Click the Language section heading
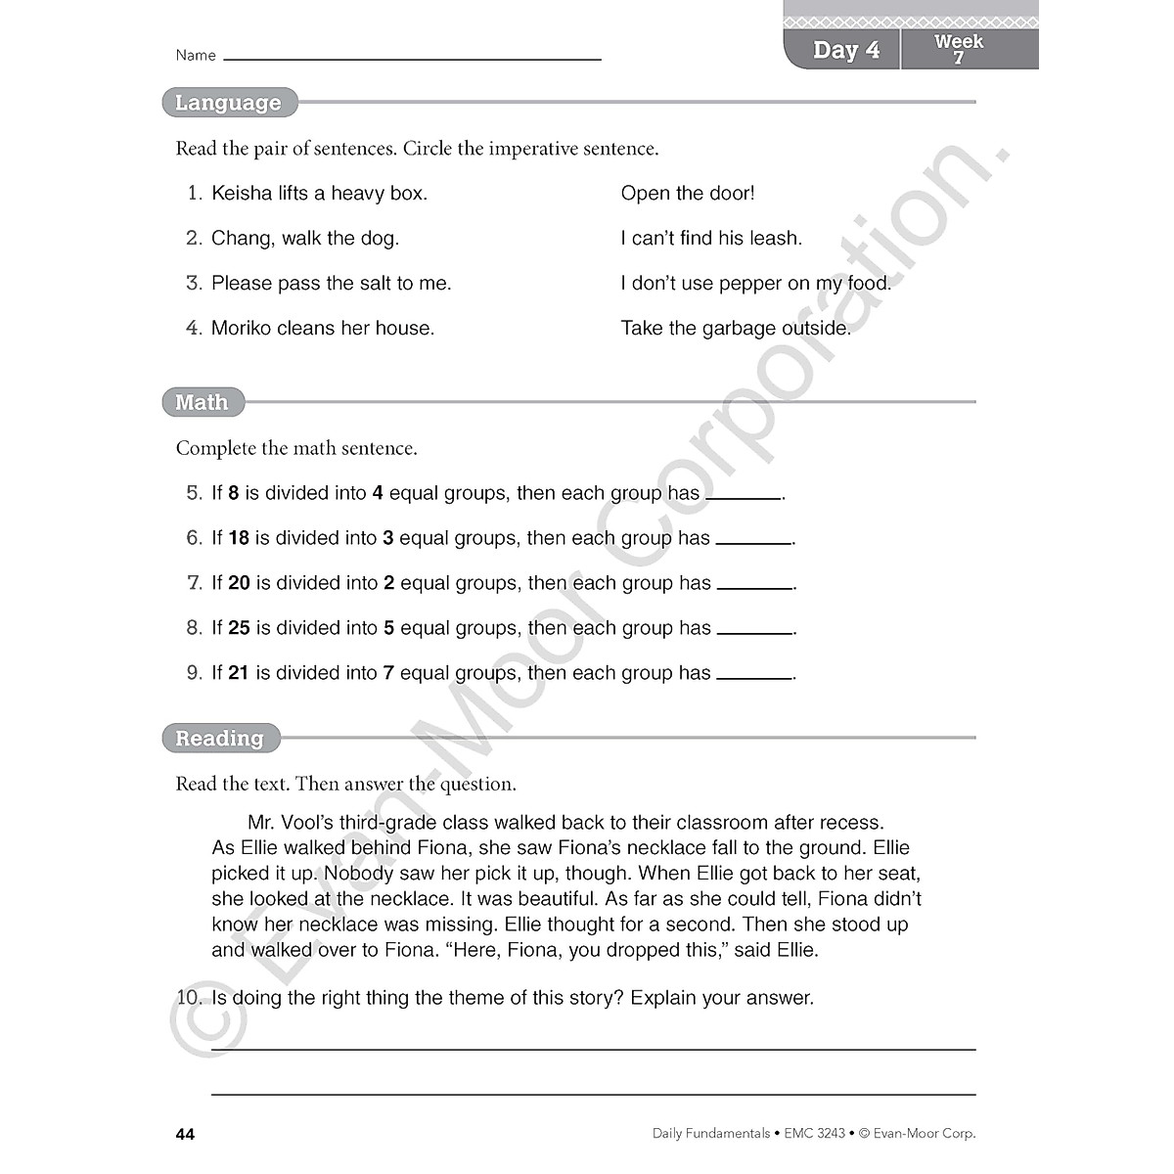[x=228, y=103]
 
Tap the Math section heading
[x=202, y=402]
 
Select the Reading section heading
[x=220, y=739]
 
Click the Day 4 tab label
[x=846, y=50]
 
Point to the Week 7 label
[x=959, y=49]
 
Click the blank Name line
[x=412, y=58]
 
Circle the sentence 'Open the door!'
[x=688, y=194]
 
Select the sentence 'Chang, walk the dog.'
[x=305, y=239]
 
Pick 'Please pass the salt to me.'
[x=332, y=284]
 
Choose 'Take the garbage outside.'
[x=736, y=329]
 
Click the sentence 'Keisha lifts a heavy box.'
[x=319, y=194]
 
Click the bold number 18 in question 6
[x=239, y=538]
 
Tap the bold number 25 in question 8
[x=240, y=628]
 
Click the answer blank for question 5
[x=744, y=496]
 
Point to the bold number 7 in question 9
[x=388, y=673]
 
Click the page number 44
[x=185, y=1134]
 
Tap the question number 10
[x=188, y=998]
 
